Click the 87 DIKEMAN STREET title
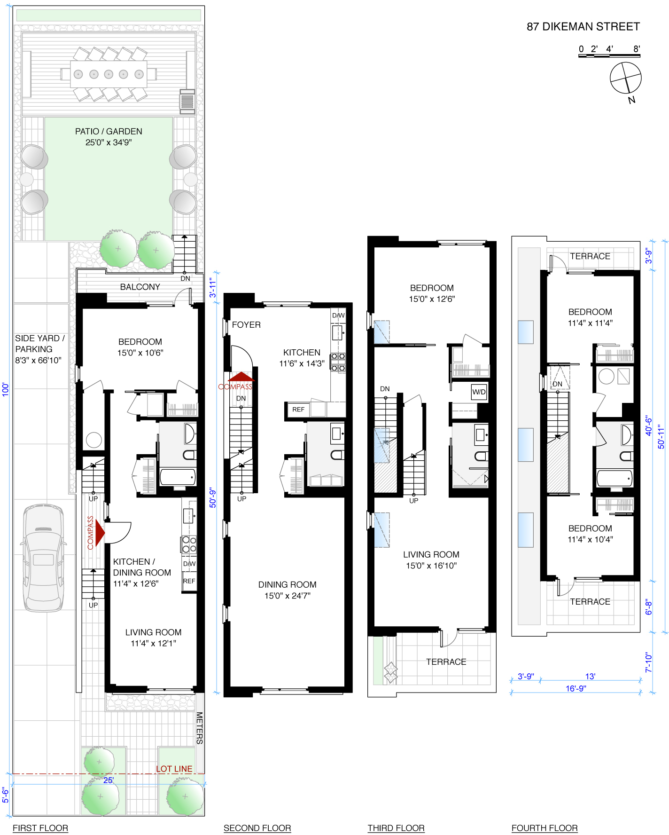click(x=583, y=27)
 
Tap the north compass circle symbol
click(x=626, y=78)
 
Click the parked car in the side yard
click(x=44, y=558)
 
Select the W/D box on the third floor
click(x=479, y=392)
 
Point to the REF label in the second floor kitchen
click(x=298, y=410)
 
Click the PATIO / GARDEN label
click(x=109, y=132)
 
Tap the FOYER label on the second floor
click(x=246, y=325)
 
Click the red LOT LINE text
click(x=174, y=769)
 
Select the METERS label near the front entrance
click(x=200, y=728)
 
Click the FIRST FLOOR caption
click(x=40, y=828)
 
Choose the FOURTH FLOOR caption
click(x=545, y=828)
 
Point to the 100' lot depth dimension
click(x=6, y=389)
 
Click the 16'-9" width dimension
click(x=576, y=688)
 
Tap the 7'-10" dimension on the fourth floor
click(x=649, y=662)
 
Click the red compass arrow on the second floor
click(x=241, y=376)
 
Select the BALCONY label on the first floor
click(x=140, y=287)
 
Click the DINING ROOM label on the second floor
click(x=288, y=584)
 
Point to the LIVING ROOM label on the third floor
click(x=431, y=554)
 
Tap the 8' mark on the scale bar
click(x=637, y=49)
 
